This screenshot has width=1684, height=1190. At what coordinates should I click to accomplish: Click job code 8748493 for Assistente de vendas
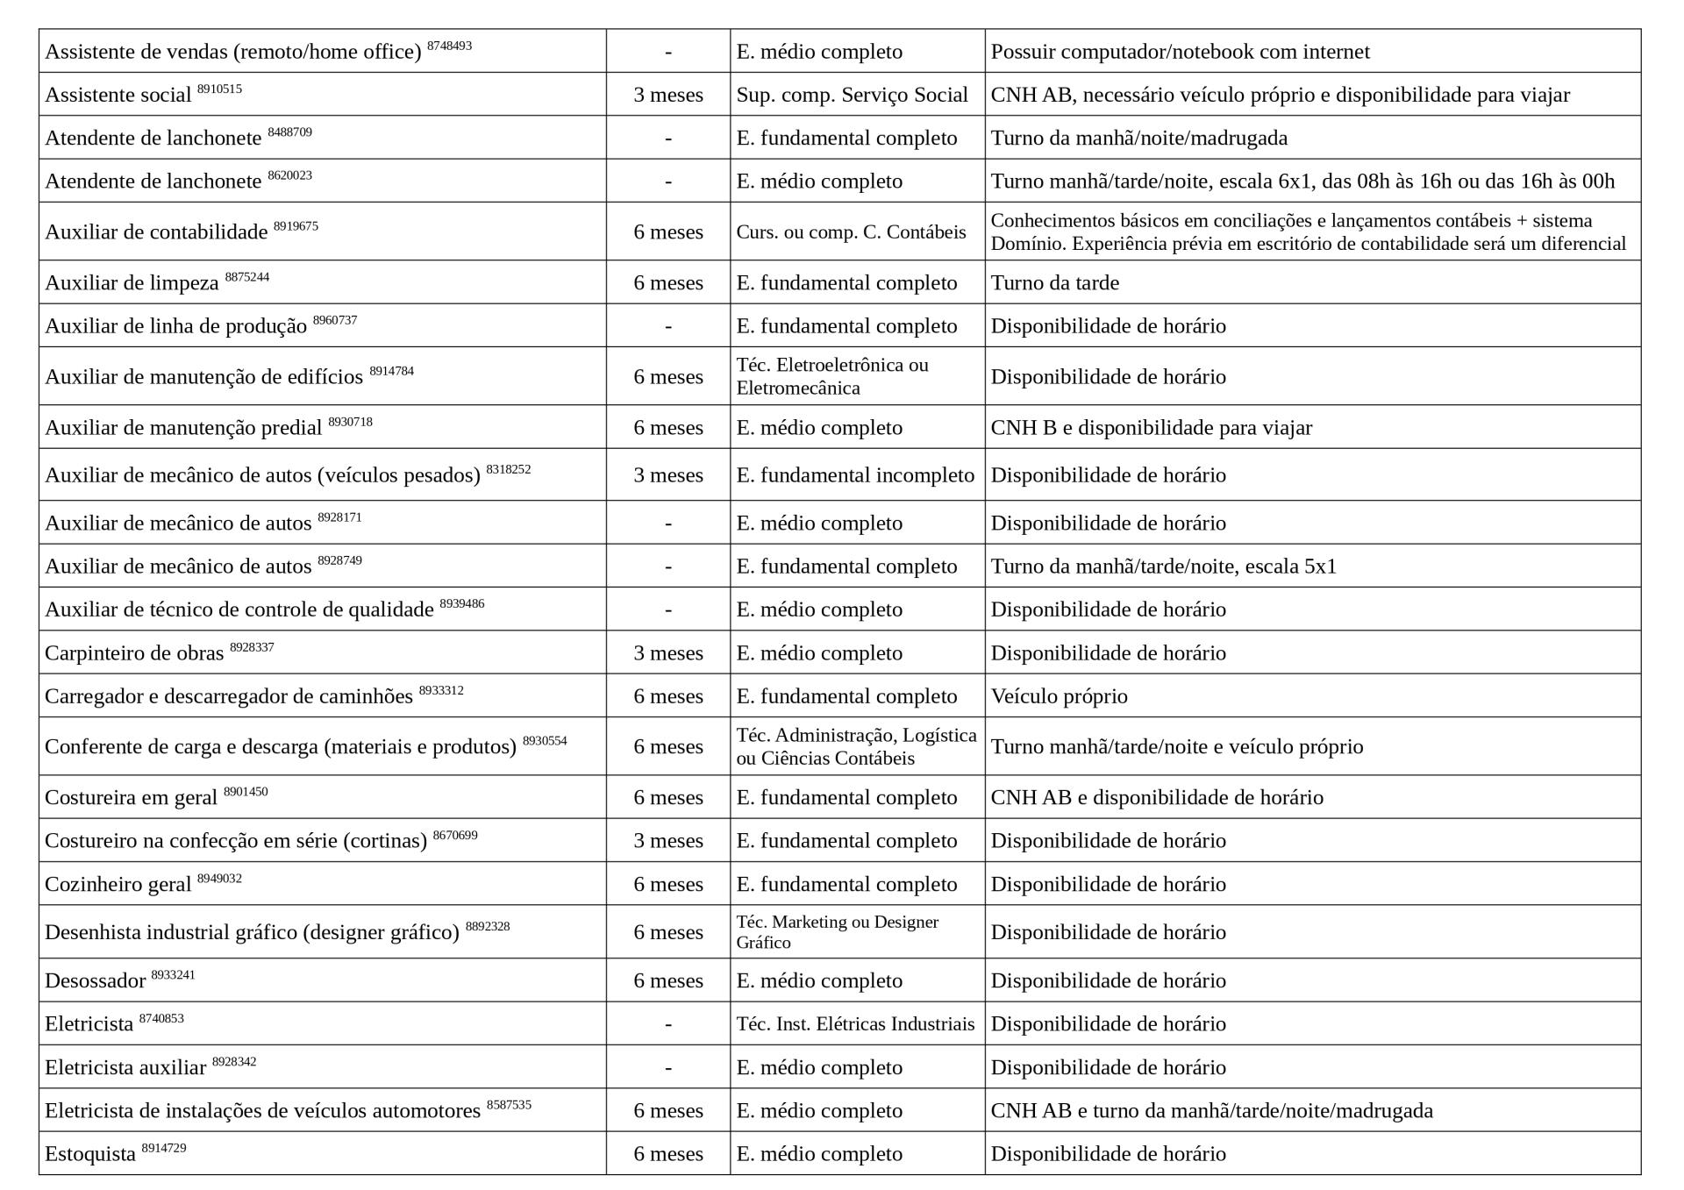pos(449,46)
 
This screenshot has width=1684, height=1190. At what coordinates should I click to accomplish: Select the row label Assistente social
pos(118,95)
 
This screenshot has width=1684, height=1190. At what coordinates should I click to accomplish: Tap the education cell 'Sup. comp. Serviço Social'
pos(852,95)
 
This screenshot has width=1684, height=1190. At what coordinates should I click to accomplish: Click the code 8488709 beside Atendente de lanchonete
pos(289,132)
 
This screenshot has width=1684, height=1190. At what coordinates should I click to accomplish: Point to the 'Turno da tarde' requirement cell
pos(1054,282)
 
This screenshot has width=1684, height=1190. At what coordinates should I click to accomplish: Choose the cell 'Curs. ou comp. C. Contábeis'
pos(851,232)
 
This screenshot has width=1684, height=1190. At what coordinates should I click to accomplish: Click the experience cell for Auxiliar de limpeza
pos(667,282)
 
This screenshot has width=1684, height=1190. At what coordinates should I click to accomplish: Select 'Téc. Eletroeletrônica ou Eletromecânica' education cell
pos(831,376)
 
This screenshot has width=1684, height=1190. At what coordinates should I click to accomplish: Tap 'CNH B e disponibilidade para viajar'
pos(1151,427)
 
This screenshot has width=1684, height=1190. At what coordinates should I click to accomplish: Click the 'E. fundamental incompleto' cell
pos(855,474)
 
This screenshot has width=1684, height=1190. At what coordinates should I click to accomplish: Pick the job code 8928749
pos(339,560)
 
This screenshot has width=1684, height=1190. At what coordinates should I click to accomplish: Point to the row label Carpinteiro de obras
pos(134,653)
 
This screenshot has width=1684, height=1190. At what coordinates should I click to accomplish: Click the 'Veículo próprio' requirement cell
pos(1059,696)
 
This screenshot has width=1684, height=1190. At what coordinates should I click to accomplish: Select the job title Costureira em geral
pos(131,797)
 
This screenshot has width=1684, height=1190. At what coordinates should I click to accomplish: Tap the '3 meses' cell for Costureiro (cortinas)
pos(667,840)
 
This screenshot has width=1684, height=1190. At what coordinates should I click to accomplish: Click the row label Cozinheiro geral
pos(118,884)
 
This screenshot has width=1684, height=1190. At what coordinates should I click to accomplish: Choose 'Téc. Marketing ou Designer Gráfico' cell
pos(837,932)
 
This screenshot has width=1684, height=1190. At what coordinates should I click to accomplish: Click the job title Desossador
pos(95,980)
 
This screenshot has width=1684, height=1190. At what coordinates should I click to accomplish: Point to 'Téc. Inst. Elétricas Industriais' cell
pos(855,1023)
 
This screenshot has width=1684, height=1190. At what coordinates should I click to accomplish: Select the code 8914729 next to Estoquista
pos(164,1148)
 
